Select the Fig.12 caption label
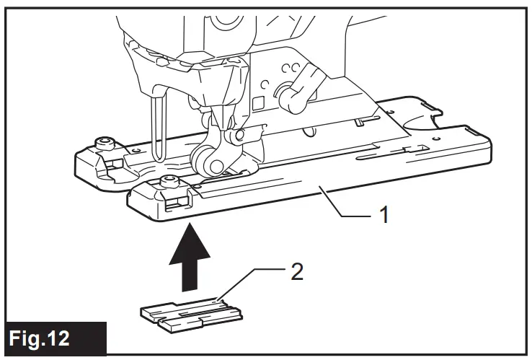coord(54,338)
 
